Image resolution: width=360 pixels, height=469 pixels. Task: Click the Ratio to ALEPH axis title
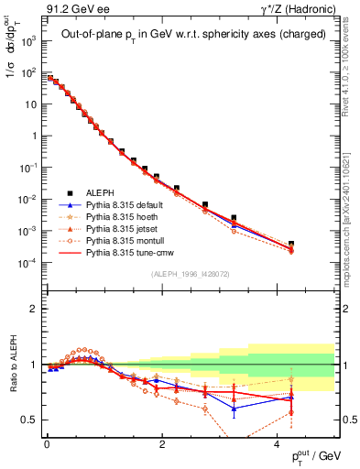(x=12, y=365)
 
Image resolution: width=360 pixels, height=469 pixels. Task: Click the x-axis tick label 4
(x=277, y=443)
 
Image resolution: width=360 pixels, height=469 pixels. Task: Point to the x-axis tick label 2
(x=161, y=443)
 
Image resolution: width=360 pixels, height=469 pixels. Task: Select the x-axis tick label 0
(x=46, y=443)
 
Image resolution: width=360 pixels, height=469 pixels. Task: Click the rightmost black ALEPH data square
(x=291, y=245)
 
